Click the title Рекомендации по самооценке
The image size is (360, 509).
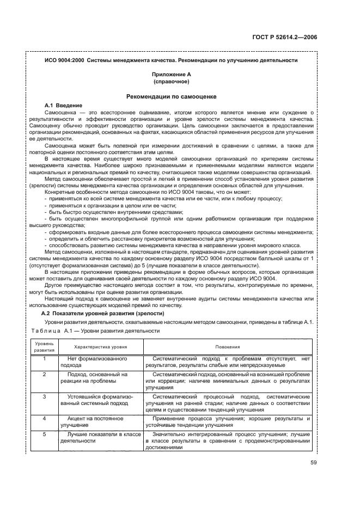coord(172,96)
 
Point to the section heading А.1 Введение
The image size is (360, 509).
coord(63,105)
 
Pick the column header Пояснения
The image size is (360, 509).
coord(228,346)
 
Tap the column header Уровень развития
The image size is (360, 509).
coord(45,346)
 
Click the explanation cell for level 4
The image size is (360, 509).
coord(228,422)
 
